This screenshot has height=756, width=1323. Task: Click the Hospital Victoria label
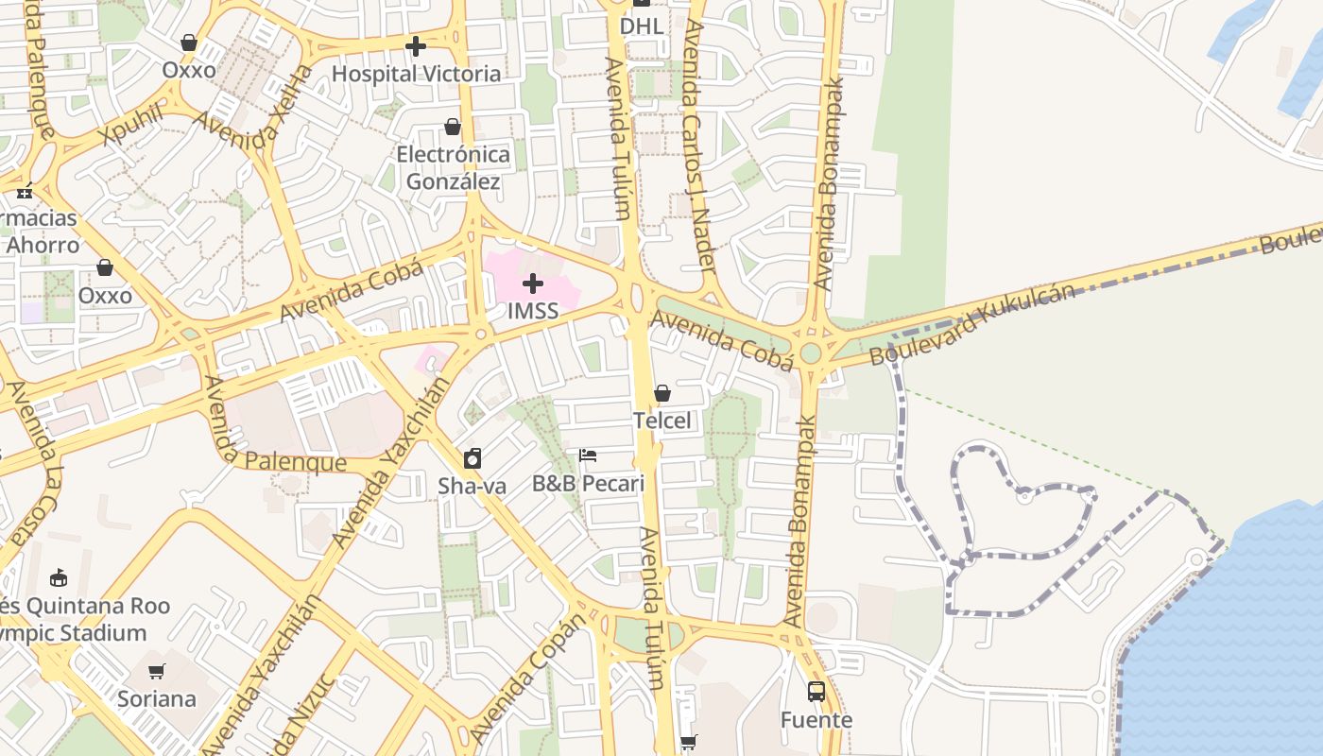(416, 74)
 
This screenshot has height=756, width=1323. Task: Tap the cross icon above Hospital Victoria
(415, 45)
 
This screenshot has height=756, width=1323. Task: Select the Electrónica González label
(453, 167)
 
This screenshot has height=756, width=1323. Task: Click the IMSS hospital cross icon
(533, 283)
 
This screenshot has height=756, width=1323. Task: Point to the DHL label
(642, 26)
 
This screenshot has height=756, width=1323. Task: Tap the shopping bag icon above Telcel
(662, 392)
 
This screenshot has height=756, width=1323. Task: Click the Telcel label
(662, 421)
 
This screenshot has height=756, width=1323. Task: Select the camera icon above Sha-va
(472, 458)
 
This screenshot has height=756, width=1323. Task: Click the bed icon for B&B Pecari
(588, 455)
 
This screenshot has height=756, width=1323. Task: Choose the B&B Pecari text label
(588, 484)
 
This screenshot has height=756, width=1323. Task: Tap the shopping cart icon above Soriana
(157, 671)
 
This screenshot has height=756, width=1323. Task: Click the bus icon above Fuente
(816, 692)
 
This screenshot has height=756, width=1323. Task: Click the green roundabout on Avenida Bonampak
(810, 353)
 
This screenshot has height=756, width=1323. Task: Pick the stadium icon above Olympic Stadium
(59, 576)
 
